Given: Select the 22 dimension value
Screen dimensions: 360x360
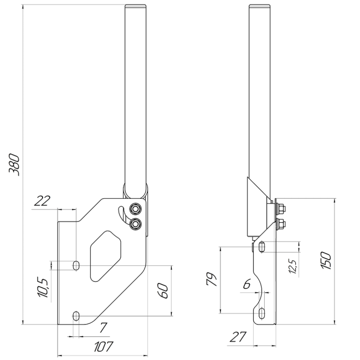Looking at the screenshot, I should (42, 201).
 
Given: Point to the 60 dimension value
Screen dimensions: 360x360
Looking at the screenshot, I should (163, 291).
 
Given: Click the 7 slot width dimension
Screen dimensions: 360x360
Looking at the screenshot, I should (102, 328).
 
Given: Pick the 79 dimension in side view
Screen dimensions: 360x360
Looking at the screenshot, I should (211, 279).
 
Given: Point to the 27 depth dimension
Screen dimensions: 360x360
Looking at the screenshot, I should (238, 336).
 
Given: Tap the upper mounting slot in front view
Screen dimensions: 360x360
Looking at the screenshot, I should (76, 265).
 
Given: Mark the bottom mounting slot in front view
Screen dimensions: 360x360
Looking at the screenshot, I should (76, 315).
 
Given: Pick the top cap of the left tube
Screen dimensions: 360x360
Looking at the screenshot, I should (136, 6).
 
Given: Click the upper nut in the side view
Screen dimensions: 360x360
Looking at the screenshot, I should (281, 209).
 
